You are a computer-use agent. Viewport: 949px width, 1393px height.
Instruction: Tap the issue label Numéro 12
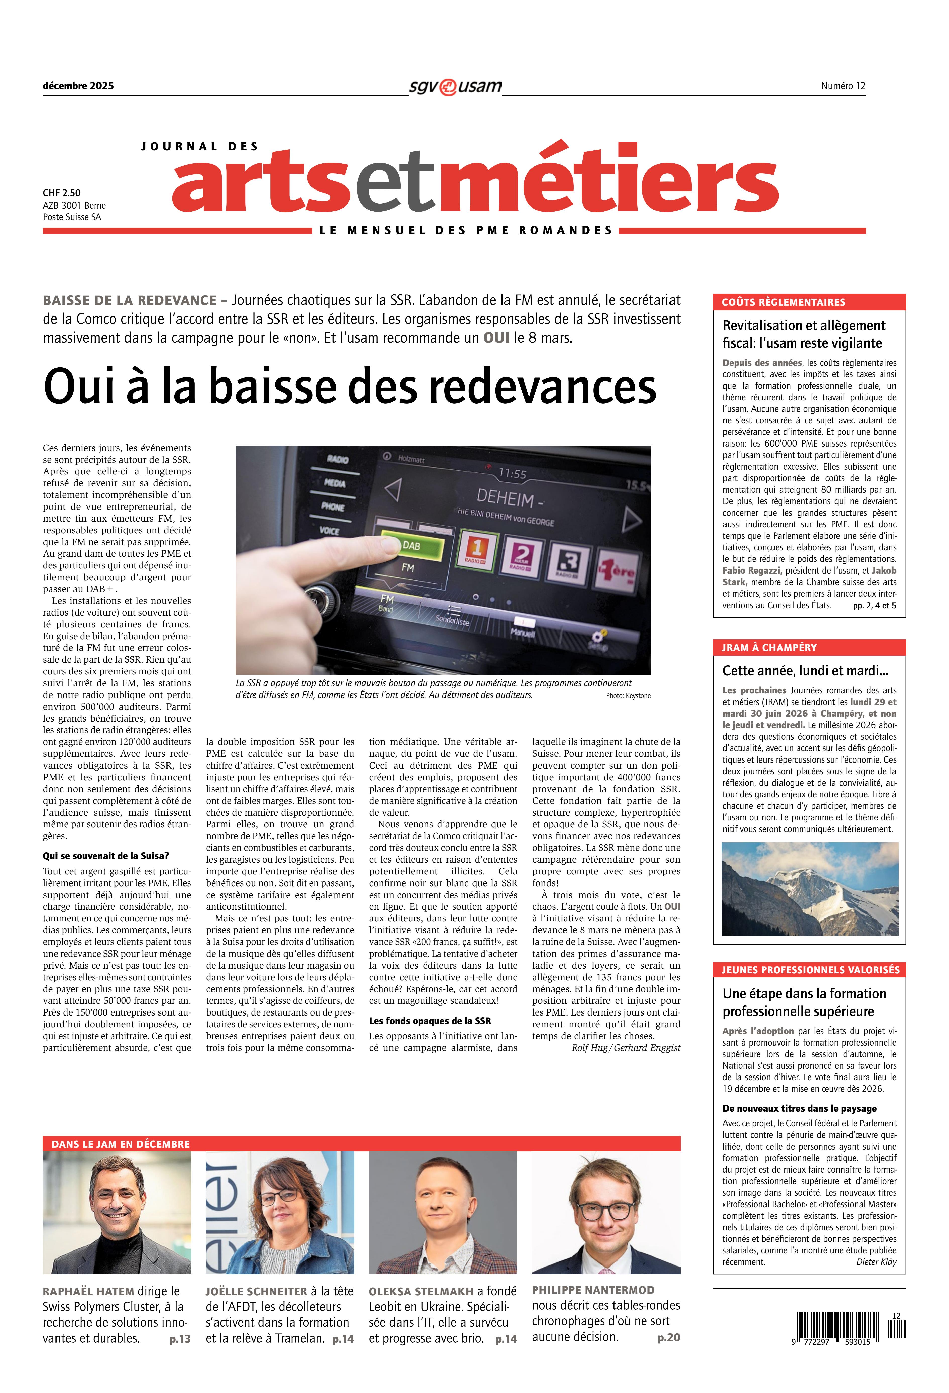click(x=843, y=86)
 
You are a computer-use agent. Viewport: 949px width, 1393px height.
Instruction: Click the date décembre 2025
click(x=78, y=86)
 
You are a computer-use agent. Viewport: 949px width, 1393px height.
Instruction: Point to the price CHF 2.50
click(x=61, y=193)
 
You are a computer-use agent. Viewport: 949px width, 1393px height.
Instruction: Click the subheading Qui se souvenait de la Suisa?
click(x=105, y=856)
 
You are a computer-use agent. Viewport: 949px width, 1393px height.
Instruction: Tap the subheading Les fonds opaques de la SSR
click(x=429, y=1021)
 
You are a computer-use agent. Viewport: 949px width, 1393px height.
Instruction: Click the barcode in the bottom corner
click(x=851, y=1328)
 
